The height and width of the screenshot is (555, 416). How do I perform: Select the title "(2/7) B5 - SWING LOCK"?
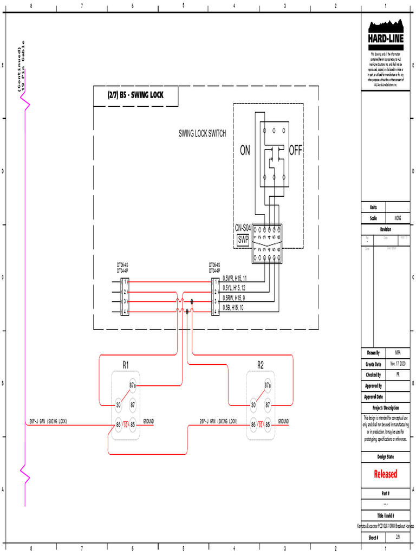pos(135,95)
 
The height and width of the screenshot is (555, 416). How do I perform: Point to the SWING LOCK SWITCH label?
pos(202,133)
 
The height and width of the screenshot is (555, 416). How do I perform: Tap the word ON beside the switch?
pos(245,151)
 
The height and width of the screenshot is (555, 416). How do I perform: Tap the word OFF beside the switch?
pos(295,151)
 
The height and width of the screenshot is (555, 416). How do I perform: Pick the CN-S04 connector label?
pos(243,228)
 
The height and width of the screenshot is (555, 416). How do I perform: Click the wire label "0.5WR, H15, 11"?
pos(234,278)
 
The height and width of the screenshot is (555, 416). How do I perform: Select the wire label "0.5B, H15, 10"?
pos(233,307)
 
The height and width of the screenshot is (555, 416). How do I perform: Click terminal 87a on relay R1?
pos(132,385)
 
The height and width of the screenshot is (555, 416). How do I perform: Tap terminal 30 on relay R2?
pos(253,404)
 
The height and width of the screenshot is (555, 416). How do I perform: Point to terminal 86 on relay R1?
pos(118,424)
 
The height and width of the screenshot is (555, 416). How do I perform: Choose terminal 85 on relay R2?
pos(268,424)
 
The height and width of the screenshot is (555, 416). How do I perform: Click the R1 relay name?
pos(125,365)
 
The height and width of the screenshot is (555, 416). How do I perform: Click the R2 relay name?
pos(261,365)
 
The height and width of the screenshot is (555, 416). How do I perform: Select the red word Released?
pos(386,474)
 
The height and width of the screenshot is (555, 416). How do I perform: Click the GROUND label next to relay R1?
pos(148,421)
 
